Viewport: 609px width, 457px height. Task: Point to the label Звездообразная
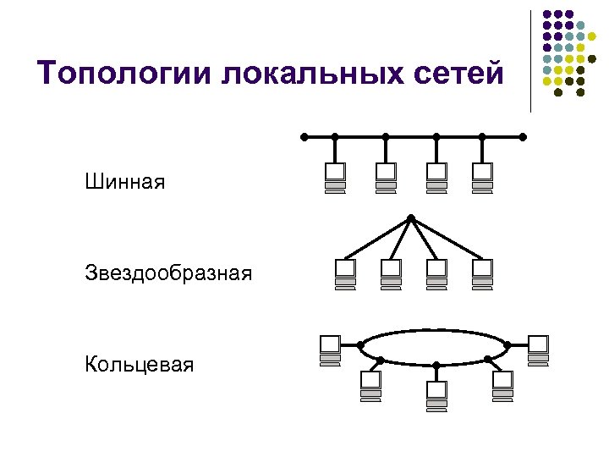(168, 273)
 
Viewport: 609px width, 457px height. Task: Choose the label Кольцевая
(139, 365)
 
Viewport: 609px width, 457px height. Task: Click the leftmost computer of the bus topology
(335, 178)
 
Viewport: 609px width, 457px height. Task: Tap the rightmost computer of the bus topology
(482, 178)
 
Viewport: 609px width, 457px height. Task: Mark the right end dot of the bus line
(523, 136)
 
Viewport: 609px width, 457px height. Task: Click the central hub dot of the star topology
(410, 217)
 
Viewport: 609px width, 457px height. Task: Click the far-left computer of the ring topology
(329, 350)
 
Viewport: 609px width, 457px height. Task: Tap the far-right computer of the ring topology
(538, 350)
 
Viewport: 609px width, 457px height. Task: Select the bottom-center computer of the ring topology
(436, 396)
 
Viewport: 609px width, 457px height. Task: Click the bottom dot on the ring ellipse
(436, 366)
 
